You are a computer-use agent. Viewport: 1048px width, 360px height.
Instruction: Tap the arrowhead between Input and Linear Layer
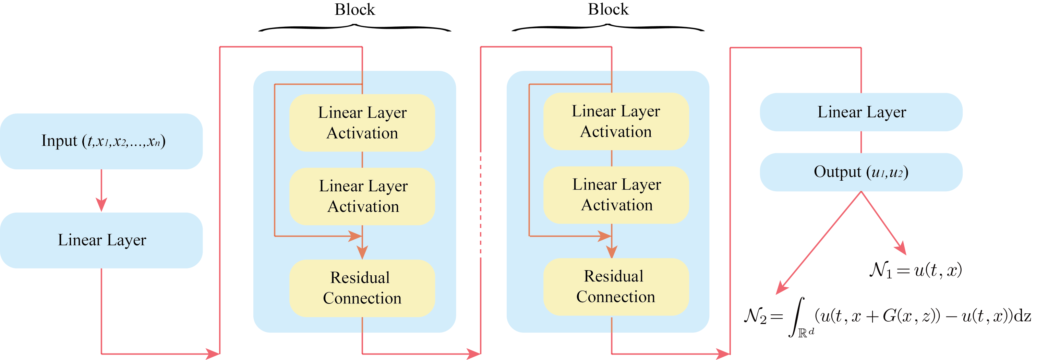click(x=101, y=204)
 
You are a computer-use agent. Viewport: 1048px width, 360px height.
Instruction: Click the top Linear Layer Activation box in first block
click(x=362, y=122)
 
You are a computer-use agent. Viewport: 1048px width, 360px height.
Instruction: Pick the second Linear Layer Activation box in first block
click(x=362, y=196)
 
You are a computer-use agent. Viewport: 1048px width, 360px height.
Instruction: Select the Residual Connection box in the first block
click(x=362, y=288)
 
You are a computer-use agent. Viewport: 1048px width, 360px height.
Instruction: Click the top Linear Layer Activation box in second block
click(x=616, y=121)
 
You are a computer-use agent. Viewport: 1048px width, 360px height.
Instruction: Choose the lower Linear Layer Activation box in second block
click(x=616, y=195)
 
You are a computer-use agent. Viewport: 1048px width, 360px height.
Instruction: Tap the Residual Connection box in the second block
click(x=616, y=287)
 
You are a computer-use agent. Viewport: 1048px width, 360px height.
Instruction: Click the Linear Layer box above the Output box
click(x=861, y=112)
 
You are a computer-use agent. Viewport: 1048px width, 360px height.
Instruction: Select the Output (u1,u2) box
click(x=861, y=172)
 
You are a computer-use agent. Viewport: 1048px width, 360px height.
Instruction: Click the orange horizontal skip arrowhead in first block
click(x=356, y=236)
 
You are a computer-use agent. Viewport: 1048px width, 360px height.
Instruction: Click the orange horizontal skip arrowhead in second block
click(x=605, y=236)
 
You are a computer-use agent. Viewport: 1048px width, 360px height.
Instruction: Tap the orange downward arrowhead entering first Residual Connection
click(x=362, y=252)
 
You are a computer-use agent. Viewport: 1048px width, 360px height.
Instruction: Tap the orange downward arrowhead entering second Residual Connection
click(x=612, y=251)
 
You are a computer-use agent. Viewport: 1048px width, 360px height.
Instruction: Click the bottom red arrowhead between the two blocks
click(x=474, y=353)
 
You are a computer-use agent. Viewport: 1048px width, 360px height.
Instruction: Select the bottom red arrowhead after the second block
click(x=723, y=353)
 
